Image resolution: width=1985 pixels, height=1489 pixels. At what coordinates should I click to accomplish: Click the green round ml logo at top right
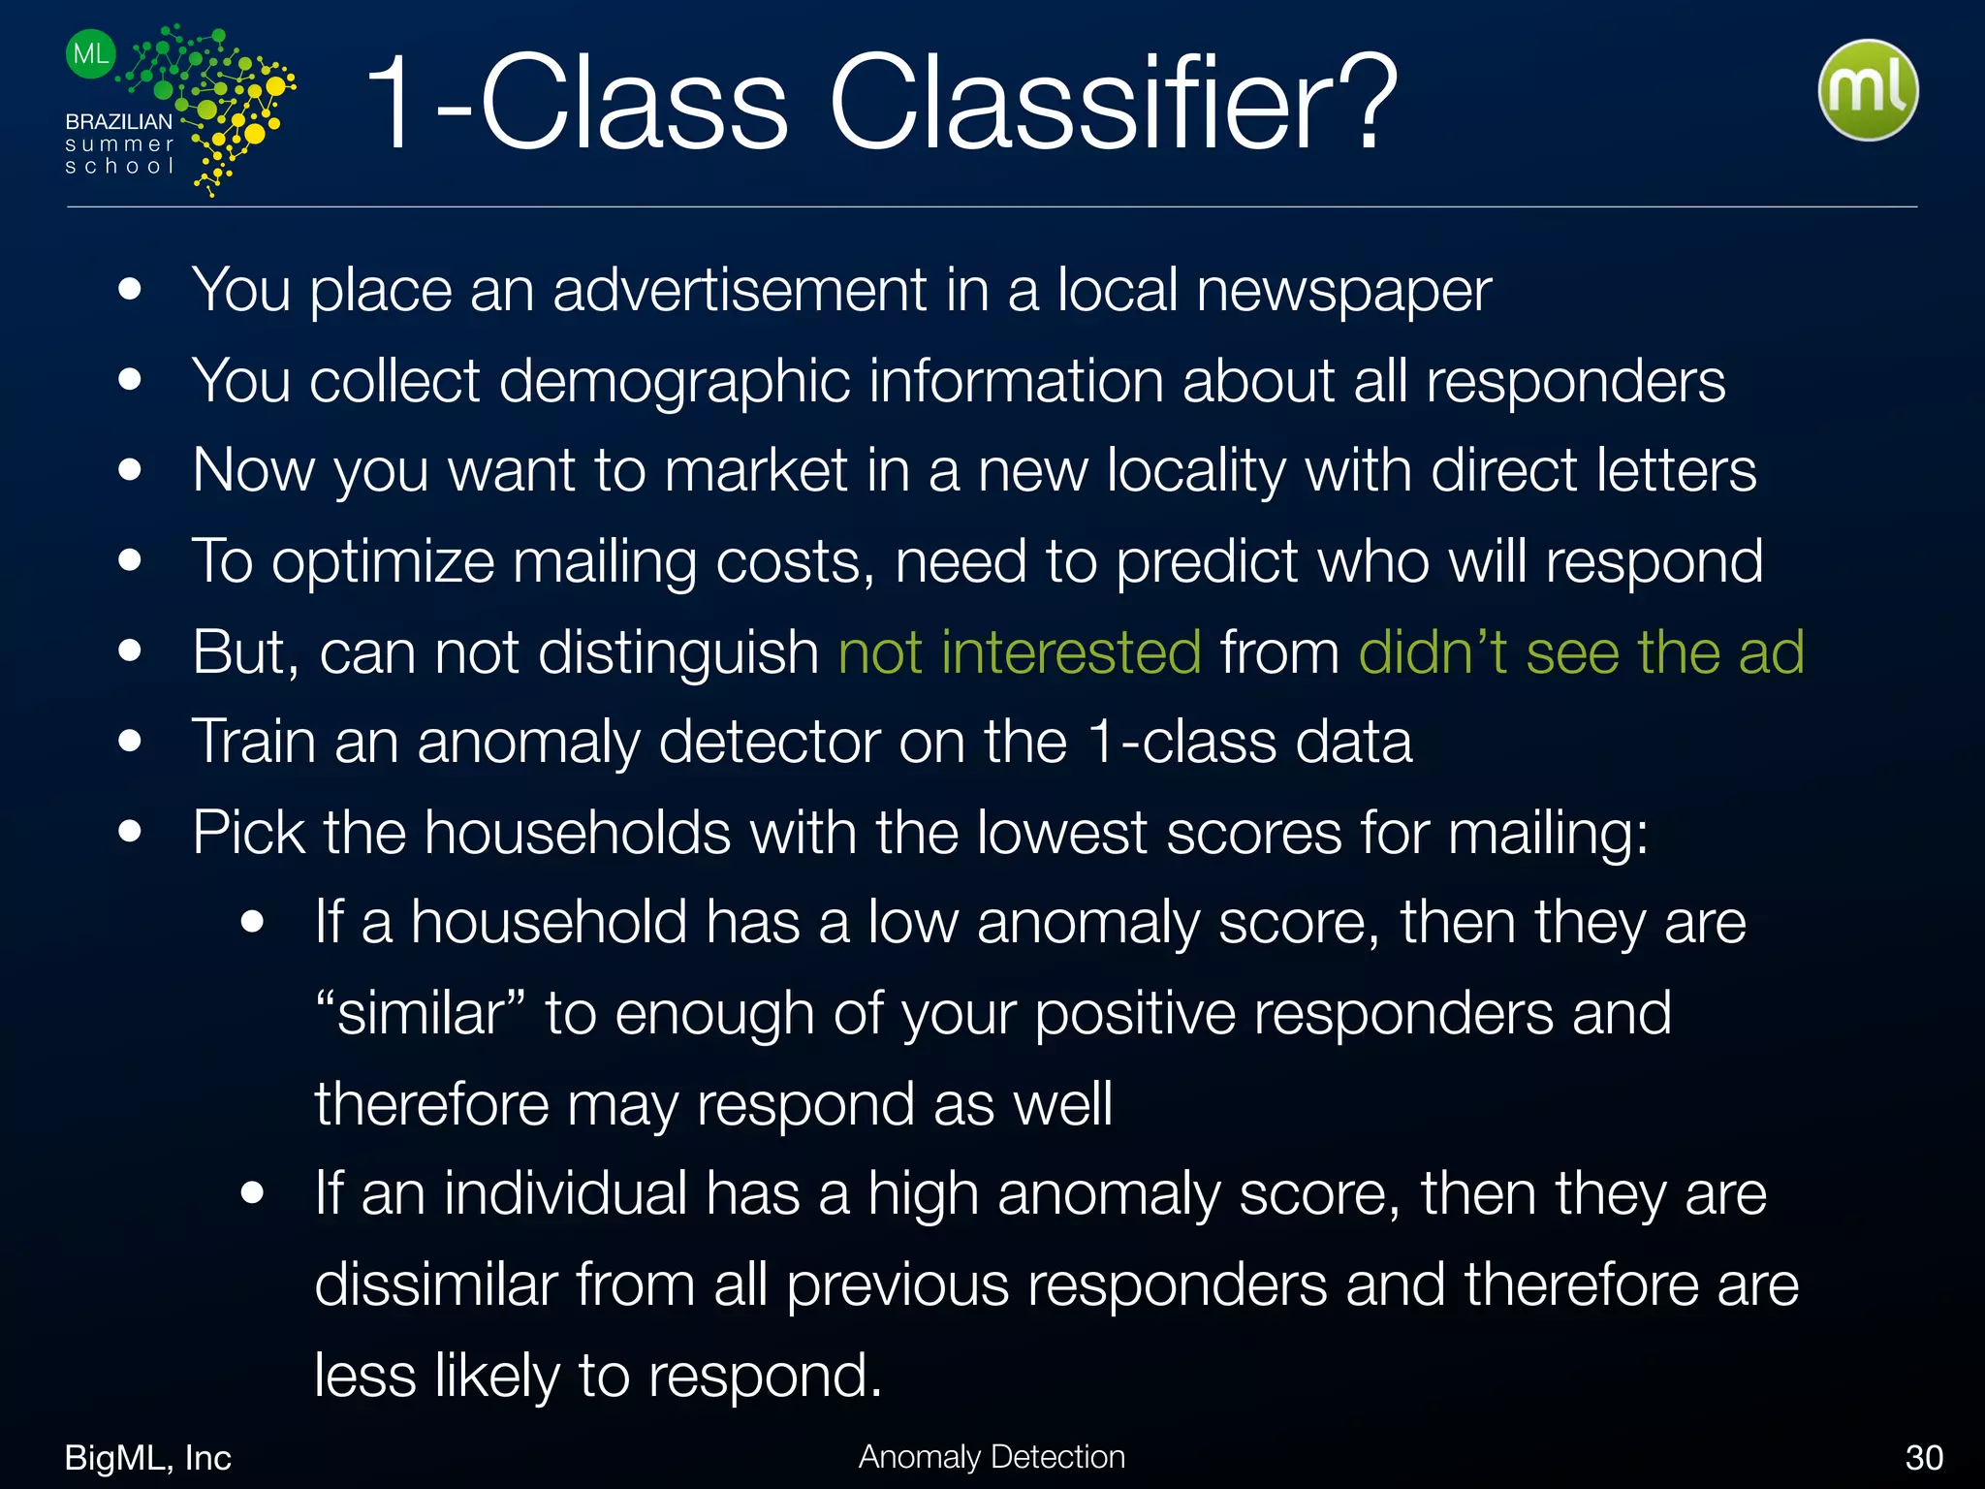click(x=1868, y=90)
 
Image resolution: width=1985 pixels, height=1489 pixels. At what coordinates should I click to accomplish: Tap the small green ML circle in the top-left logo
click(x=90, y=54)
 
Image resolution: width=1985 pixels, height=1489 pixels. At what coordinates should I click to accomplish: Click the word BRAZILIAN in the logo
click(x=118, y=122)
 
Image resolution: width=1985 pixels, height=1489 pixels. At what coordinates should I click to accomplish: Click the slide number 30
click(x=1924, y=1457)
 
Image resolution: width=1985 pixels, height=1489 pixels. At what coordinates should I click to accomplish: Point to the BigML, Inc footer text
click(x=147, y=1457)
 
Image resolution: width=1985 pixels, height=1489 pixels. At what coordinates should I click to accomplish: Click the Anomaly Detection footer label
click(x=992, y=1456)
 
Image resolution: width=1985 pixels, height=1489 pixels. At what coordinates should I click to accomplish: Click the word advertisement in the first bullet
click(x=740, y=290)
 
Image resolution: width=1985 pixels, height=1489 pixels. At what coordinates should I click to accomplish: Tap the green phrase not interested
click(x=1020, y=651)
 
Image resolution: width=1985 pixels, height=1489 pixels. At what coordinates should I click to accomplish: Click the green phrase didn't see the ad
click(x=1581, y=651)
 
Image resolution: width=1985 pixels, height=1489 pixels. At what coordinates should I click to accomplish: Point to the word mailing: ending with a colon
click(x=1548, y=833)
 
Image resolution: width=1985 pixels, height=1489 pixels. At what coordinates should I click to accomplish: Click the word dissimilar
click(x=435, y=1284)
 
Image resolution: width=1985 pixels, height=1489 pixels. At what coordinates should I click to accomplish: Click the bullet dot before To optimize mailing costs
click(x=130, y=560)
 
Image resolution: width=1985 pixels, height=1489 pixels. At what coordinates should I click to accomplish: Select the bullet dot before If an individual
click(x=253, y=1192)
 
